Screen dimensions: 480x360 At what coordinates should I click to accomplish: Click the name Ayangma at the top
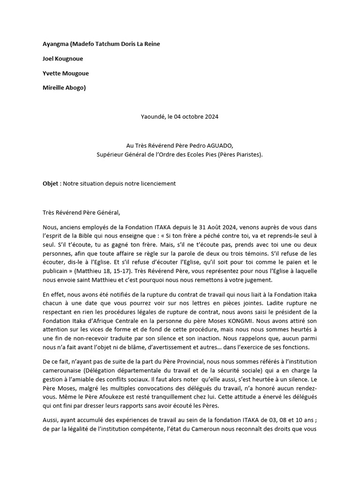55,44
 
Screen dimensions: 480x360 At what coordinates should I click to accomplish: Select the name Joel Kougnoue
63,59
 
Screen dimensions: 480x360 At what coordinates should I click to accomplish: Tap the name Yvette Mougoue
66,73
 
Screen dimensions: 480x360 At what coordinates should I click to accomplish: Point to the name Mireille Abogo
64,88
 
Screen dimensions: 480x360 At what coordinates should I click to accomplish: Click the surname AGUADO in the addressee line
226,146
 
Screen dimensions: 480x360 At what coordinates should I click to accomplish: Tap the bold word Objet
51,183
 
